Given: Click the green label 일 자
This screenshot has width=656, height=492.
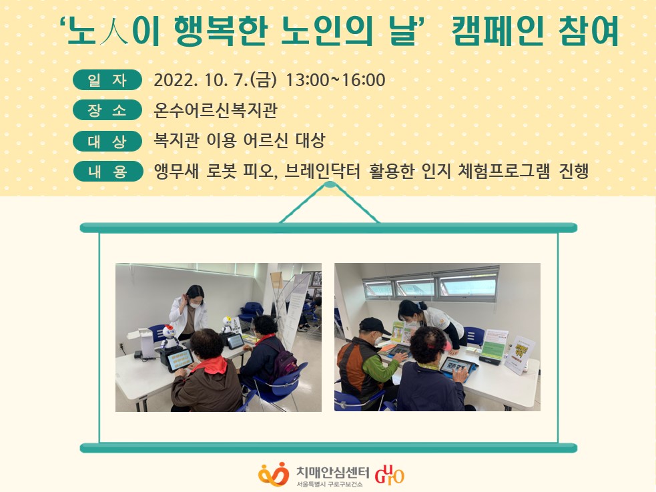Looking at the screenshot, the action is [107, 80].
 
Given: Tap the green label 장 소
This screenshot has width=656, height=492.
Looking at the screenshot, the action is [107, 110].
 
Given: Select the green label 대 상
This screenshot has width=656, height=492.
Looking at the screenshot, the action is [107, 141].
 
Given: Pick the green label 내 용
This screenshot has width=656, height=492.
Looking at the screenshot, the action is [107, 171].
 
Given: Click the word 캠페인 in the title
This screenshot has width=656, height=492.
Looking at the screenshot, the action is [498, 32].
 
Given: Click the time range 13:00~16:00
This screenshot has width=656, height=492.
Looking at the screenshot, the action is [335, 80].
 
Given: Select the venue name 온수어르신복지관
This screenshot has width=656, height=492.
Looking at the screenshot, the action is [216, 110].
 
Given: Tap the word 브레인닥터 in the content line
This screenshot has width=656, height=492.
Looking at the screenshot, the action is [322, 171].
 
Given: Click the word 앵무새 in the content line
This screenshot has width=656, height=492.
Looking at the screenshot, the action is [176, 171].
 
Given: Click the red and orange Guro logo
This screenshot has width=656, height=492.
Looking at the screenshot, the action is [390, 475].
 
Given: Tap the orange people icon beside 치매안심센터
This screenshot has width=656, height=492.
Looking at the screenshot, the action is [274, 474].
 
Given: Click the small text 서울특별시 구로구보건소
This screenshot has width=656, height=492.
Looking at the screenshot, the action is [329, 484].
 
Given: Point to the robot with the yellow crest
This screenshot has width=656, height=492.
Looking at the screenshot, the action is [226, 326].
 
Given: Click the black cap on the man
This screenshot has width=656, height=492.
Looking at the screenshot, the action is [374, 326].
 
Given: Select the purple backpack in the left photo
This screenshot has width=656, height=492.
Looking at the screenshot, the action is [284, 361].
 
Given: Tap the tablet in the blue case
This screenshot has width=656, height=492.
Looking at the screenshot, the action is [457, 366].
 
